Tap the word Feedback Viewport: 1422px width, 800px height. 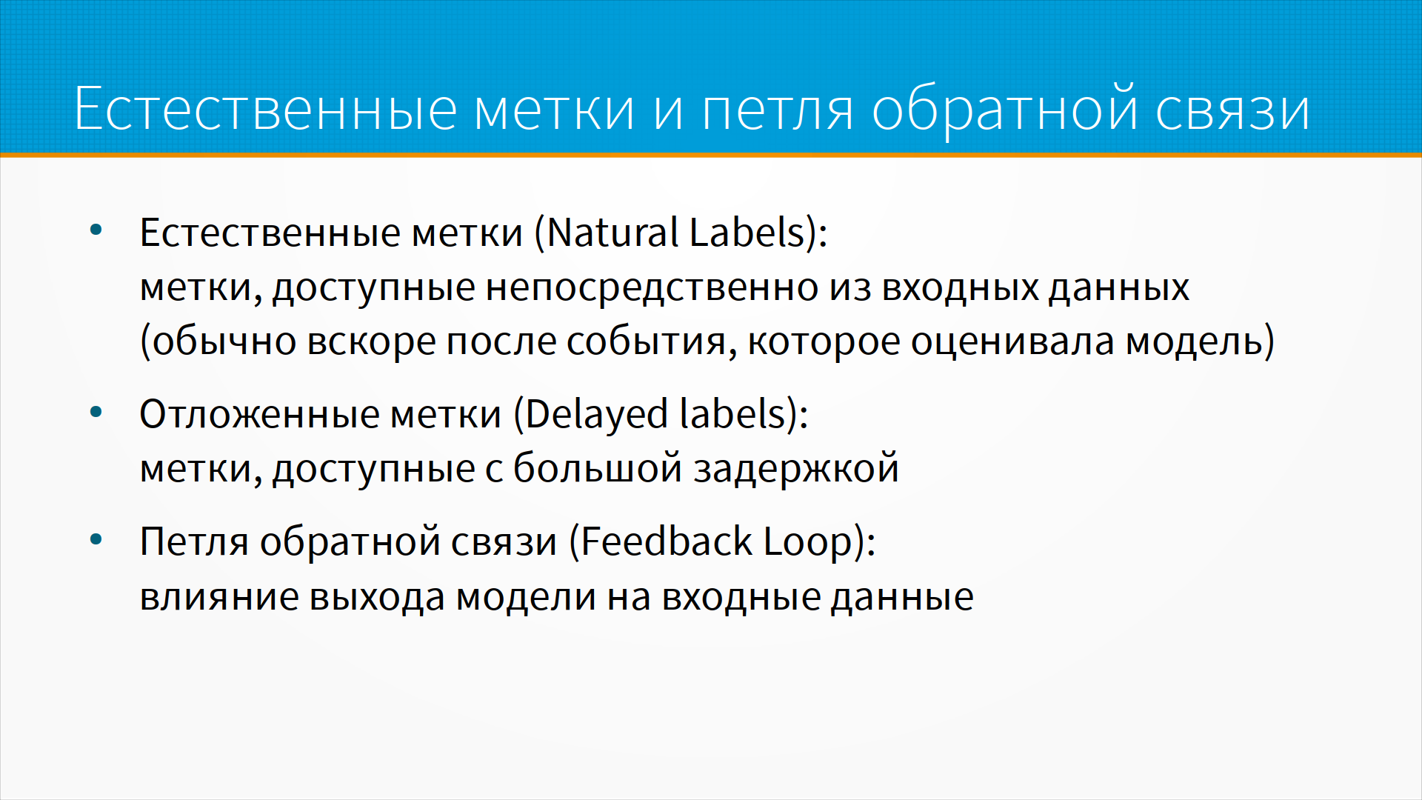point(667,541)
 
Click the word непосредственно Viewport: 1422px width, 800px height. point(652,288)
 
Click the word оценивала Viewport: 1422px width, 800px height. point(1012,342)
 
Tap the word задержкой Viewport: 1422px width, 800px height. point(796,469)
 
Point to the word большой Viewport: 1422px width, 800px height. point(598,468)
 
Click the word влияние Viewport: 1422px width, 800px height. point(219,597)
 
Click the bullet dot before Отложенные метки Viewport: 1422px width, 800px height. point(96,412)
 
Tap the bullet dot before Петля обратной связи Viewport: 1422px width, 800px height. point(96,539)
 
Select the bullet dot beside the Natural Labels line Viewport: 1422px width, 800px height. point(96,230)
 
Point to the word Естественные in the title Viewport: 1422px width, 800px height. point(266,109)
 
